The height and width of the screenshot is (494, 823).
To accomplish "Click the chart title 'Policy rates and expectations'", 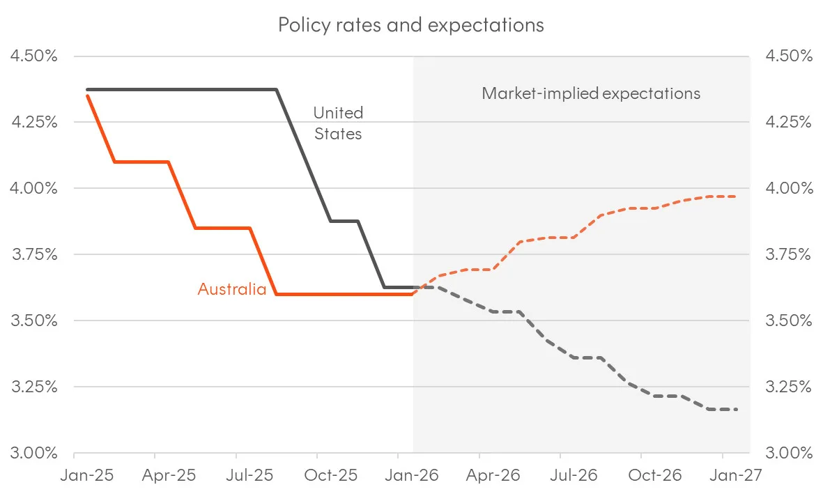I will pos(411,25).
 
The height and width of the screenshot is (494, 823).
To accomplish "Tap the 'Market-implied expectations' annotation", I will pos(591,93).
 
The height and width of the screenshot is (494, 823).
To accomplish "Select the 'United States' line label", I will pos(338,123).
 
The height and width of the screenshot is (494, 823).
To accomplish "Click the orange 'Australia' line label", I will pos(232,289).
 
